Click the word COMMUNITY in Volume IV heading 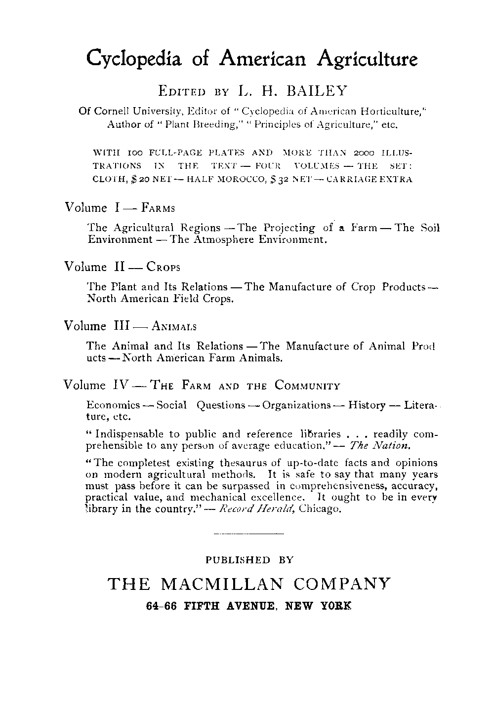pos(307,386)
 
